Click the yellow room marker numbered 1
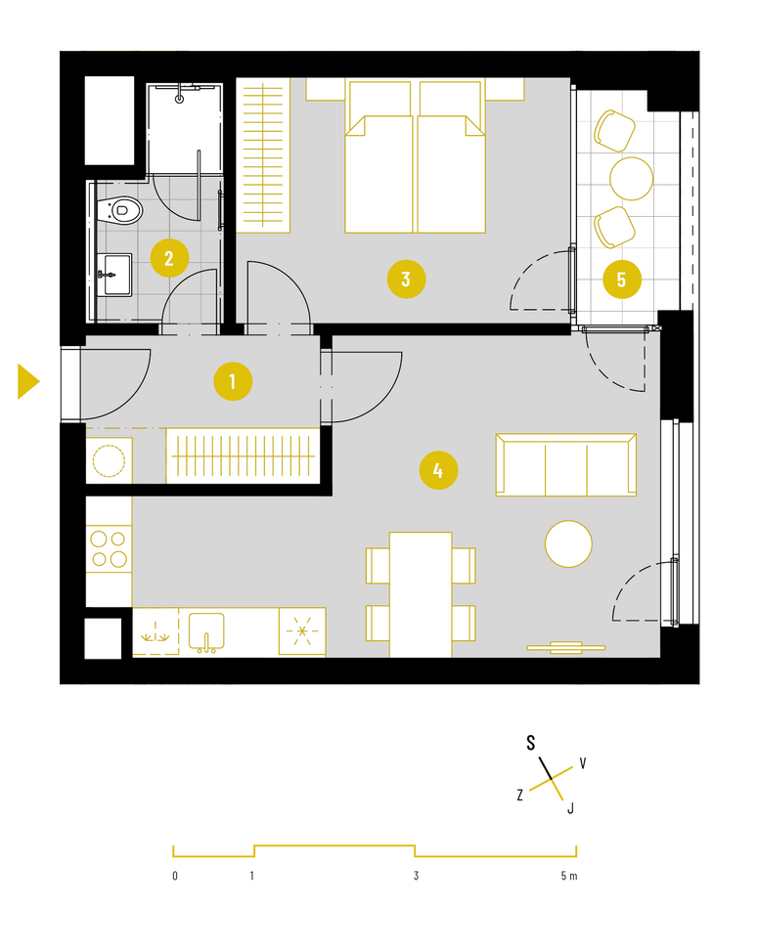click(233, 382)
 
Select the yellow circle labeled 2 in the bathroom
click(169, 259)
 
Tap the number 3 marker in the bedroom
click(406, 280)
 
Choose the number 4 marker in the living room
click(438, 470)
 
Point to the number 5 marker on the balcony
click(622, 280)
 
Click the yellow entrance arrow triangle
click(28, 382)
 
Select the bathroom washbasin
click(114, 275)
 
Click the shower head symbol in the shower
click(180, 99)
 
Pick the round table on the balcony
click(631, 179)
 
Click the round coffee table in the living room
click(568, 544)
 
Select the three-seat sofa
click(565, 464)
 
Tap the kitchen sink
click(206, 632)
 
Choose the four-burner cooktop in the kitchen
click(110, 549)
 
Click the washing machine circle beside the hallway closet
click(110, 460)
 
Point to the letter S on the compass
click(530, 743)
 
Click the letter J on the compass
click(570, 807)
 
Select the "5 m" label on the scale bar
click(569, 876)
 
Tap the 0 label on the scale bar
click(175, 876)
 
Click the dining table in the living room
click(421, 594)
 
